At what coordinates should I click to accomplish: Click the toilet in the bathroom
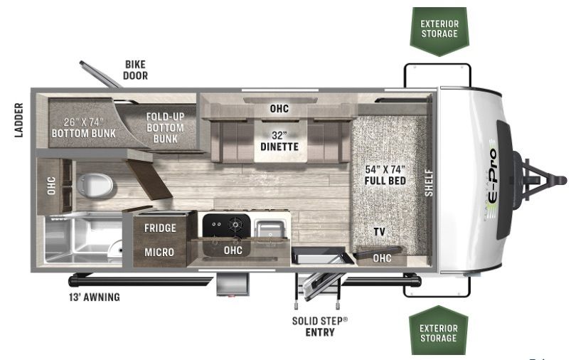coord(95,185)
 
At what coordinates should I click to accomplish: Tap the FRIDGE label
coord(160,228)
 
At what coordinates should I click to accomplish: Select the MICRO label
coord(159,253)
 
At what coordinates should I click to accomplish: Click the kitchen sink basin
coord(270,228)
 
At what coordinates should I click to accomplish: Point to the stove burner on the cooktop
coord(235,223)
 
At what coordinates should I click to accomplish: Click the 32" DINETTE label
coord(279,141)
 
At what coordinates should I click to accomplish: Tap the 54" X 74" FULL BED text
coord(385,175)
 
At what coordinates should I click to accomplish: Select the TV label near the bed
coord(380,232)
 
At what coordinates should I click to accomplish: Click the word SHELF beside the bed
coord(429,183)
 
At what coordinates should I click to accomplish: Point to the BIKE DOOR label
coord(136,70)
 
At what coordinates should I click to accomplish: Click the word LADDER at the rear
coord(18,120)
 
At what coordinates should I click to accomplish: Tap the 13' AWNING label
coord(95,297)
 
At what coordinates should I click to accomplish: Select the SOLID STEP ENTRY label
coord(320,327)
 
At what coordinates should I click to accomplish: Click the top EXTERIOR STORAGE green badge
coord(439,31)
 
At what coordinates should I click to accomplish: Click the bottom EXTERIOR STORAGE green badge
coord(438,330)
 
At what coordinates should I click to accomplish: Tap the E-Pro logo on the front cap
coord(492,180)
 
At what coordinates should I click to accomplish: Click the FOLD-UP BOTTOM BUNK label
coord(165,128)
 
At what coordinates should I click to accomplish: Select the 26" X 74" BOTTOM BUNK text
coord(84,127)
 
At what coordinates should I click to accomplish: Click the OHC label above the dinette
coord(279,109)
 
